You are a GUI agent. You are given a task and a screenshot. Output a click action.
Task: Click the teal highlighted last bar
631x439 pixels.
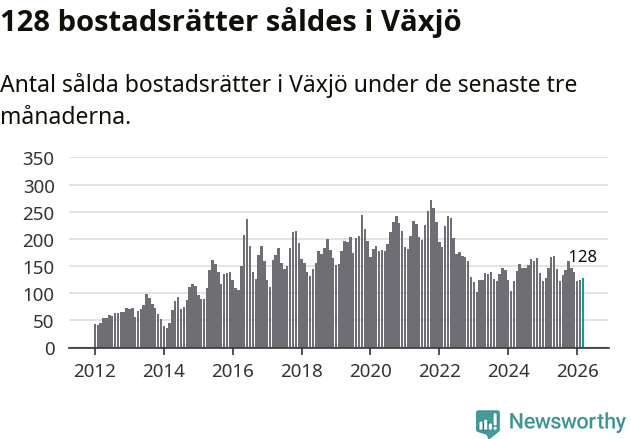(583, 313)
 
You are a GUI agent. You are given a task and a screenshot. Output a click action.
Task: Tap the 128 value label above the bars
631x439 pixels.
(582, 257)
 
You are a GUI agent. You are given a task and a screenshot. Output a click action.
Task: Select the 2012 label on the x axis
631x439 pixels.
(95, 369)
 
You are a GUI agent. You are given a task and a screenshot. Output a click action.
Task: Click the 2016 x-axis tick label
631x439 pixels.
(232, 369)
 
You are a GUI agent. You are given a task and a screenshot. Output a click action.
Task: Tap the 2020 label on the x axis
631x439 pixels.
(370, 369)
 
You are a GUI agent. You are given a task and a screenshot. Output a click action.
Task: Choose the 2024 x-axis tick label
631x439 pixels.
(507, 369)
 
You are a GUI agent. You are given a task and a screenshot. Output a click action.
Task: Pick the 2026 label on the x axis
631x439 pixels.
(576, 369)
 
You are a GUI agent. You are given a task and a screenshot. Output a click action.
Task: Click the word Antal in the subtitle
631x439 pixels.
(31, 85)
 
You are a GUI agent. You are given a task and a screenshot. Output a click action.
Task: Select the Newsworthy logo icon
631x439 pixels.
(488, 423)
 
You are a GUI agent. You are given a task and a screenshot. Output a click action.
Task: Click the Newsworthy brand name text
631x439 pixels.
(566, 422)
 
